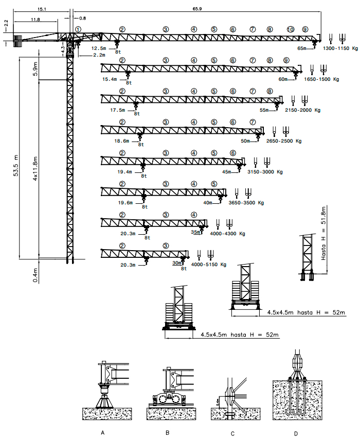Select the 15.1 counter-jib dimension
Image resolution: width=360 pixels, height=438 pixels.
pyautogui.click(x=42, y=10)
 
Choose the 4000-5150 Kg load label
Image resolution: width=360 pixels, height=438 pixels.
pyautogui.click(x=209, y=265)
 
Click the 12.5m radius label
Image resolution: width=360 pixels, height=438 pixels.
pyautogui.click(x=99, y=48)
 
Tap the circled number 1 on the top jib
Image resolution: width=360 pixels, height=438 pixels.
pyautogui.click(x=78, y=29)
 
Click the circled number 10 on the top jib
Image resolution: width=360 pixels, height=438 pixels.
pyautogui.click(x=291, y=29)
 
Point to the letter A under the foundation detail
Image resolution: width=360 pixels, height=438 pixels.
pyautogui.click(x=103, y=433)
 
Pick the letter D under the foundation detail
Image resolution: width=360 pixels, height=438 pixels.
pyautogui.click(x=296, y=433)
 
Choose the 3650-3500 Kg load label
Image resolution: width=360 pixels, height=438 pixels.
pyautogui.click(x=246, y=203)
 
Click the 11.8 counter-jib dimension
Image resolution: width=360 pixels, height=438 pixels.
pyautogui.click(x=35, y=20)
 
